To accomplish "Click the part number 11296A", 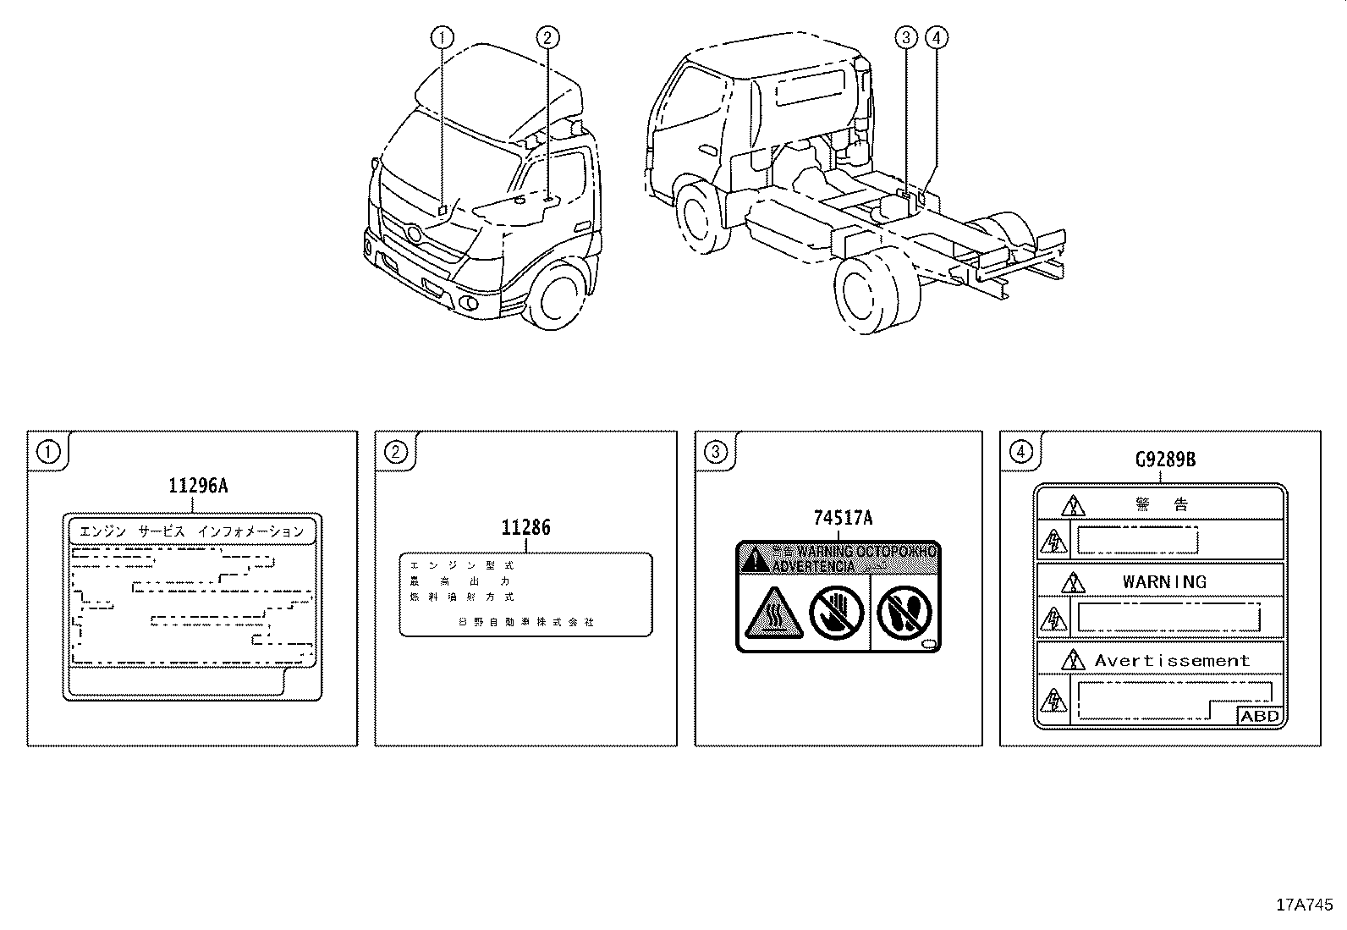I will click(198, 485).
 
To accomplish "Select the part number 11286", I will click(525, 528).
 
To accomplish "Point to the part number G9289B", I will click(1165, 459).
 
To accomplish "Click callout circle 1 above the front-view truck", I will click(442, 37).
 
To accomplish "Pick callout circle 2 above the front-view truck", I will click(547, 37).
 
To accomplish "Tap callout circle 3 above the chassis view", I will click(906, 37).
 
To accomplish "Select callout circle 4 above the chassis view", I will click(937, 37).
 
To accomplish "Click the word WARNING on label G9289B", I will click(1164, 582).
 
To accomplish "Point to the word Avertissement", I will click(1172, 661).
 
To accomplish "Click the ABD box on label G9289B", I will click(1260, 716).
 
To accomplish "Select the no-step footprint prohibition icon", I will click(904, 613).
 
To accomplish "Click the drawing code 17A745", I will click(1304, 905).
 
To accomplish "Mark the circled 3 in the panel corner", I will click(716, 452).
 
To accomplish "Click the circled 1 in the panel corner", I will click(48, 452).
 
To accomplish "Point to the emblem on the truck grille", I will click(412, 232).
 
